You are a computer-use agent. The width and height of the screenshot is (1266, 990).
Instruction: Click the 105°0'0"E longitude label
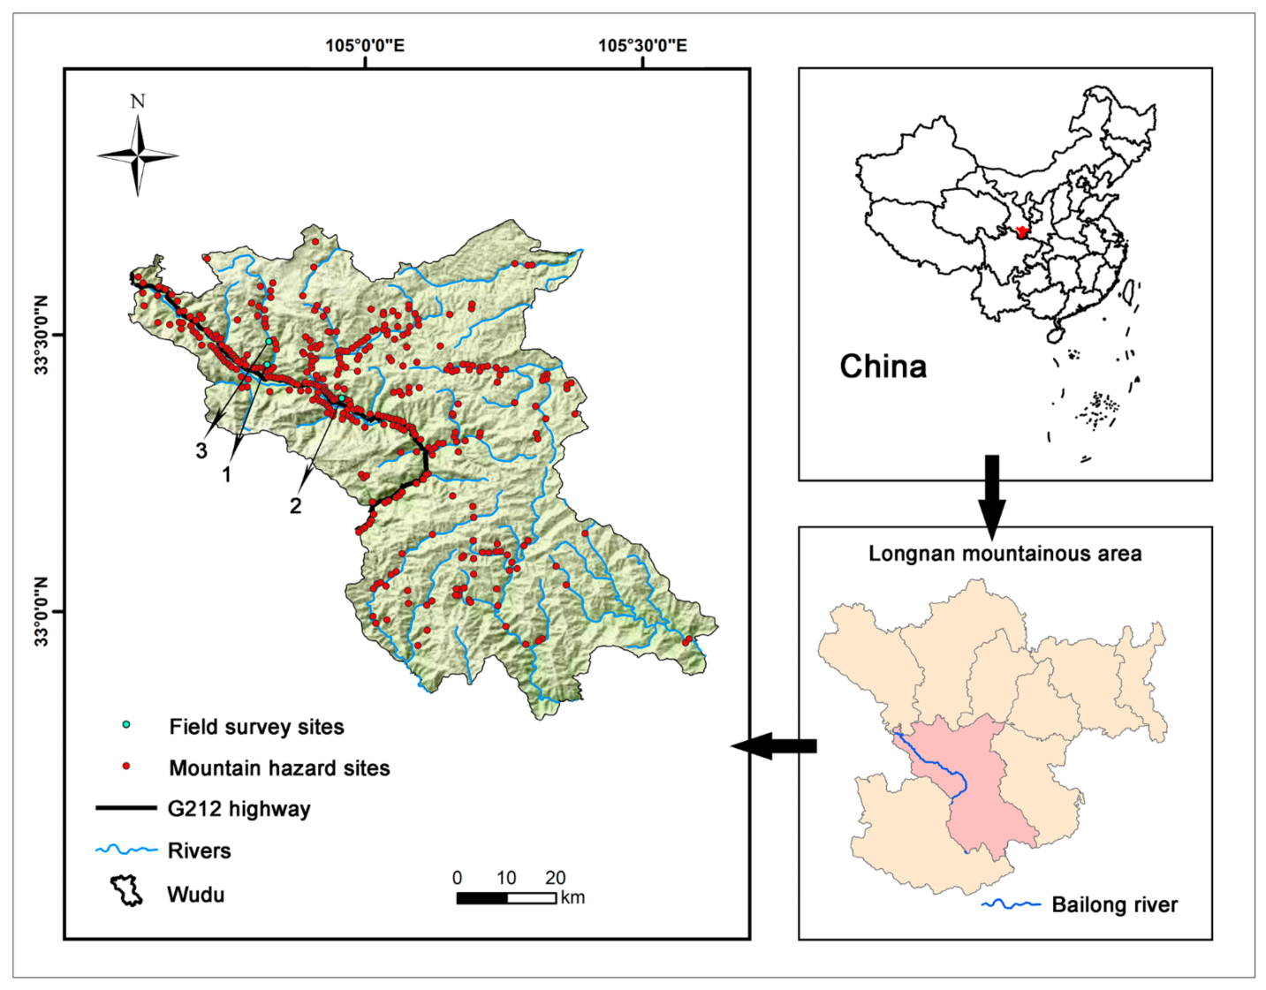point(365,45)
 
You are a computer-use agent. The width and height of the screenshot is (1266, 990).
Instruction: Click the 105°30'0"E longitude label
point(642,45)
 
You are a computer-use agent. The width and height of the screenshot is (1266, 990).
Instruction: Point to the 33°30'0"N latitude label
point(42,335)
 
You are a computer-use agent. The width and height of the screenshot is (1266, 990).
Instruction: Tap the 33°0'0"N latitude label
point(42,612)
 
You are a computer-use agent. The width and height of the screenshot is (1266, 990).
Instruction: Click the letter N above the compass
point(138,102)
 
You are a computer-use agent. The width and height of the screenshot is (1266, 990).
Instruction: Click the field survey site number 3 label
point(201,450)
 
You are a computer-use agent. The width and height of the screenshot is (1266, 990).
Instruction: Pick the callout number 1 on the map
point(226,475)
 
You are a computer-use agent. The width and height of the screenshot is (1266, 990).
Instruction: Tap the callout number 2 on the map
point(295,505)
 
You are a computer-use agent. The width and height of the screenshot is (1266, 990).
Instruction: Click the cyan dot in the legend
point(126,725)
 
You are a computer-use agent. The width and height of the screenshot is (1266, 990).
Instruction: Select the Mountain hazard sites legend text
point(279,768)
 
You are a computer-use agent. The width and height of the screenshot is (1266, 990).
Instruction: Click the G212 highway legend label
point(239,809)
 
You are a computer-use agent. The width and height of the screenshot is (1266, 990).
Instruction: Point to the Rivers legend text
point(200,850)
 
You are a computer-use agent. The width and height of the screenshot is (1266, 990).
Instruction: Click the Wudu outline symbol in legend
point(126,891)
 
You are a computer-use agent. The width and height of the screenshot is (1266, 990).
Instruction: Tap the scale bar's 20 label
point(555,878)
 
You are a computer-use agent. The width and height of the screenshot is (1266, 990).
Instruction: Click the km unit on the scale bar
point(572,897)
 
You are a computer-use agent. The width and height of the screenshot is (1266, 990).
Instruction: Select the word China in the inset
point(883,367)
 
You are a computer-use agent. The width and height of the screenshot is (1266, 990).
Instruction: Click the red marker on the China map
point(1022,232)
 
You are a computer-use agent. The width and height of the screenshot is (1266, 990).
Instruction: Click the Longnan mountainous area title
point(1004,554)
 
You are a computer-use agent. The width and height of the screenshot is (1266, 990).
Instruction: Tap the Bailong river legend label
point(1114,905)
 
